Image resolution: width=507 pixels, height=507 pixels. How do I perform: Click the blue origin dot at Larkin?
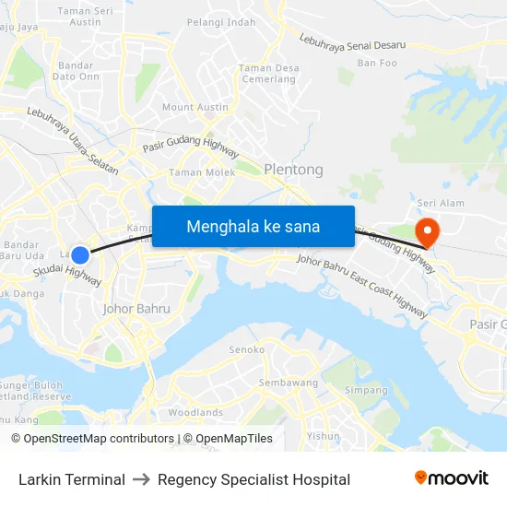click(x=80, y=255)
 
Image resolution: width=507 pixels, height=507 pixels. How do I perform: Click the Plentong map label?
click(x=293, y=170)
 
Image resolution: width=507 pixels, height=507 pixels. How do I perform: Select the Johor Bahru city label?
click(x=136, y=309)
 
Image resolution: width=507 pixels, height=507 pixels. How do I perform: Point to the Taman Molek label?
click(x=202, y=171)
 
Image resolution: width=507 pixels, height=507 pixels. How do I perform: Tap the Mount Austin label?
click(x=195, y=107)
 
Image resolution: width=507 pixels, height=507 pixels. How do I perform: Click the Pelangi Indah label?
click(x=220, y=22)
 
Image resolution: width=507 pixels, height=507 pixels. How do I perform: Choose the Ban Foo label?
click(x=377, y=63)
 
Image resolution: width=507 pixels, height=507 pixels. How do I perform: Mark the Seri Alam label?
click(x=441, y=203)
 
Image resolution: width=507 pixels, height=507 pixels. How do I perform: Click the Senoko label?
click(x=247, y=350)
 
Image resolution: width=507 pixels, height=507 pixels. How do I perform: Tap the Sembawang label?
click(x=288, y=383)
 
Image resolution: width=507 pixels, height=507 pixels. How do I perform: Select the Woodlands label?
click(x=195, y=413)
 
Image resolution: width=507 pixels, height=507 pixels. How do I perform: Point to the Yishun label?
click(x=323, y=436)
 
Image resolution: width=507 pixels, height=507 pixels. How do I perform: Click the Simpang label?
click(x=366, y=390)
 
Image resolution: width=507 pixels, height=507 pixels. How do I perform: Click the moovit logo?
click(x=452, y=478)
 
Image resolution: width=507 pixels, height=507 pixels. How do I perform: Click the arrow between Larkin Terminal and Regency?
click(x=141, y=479)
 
